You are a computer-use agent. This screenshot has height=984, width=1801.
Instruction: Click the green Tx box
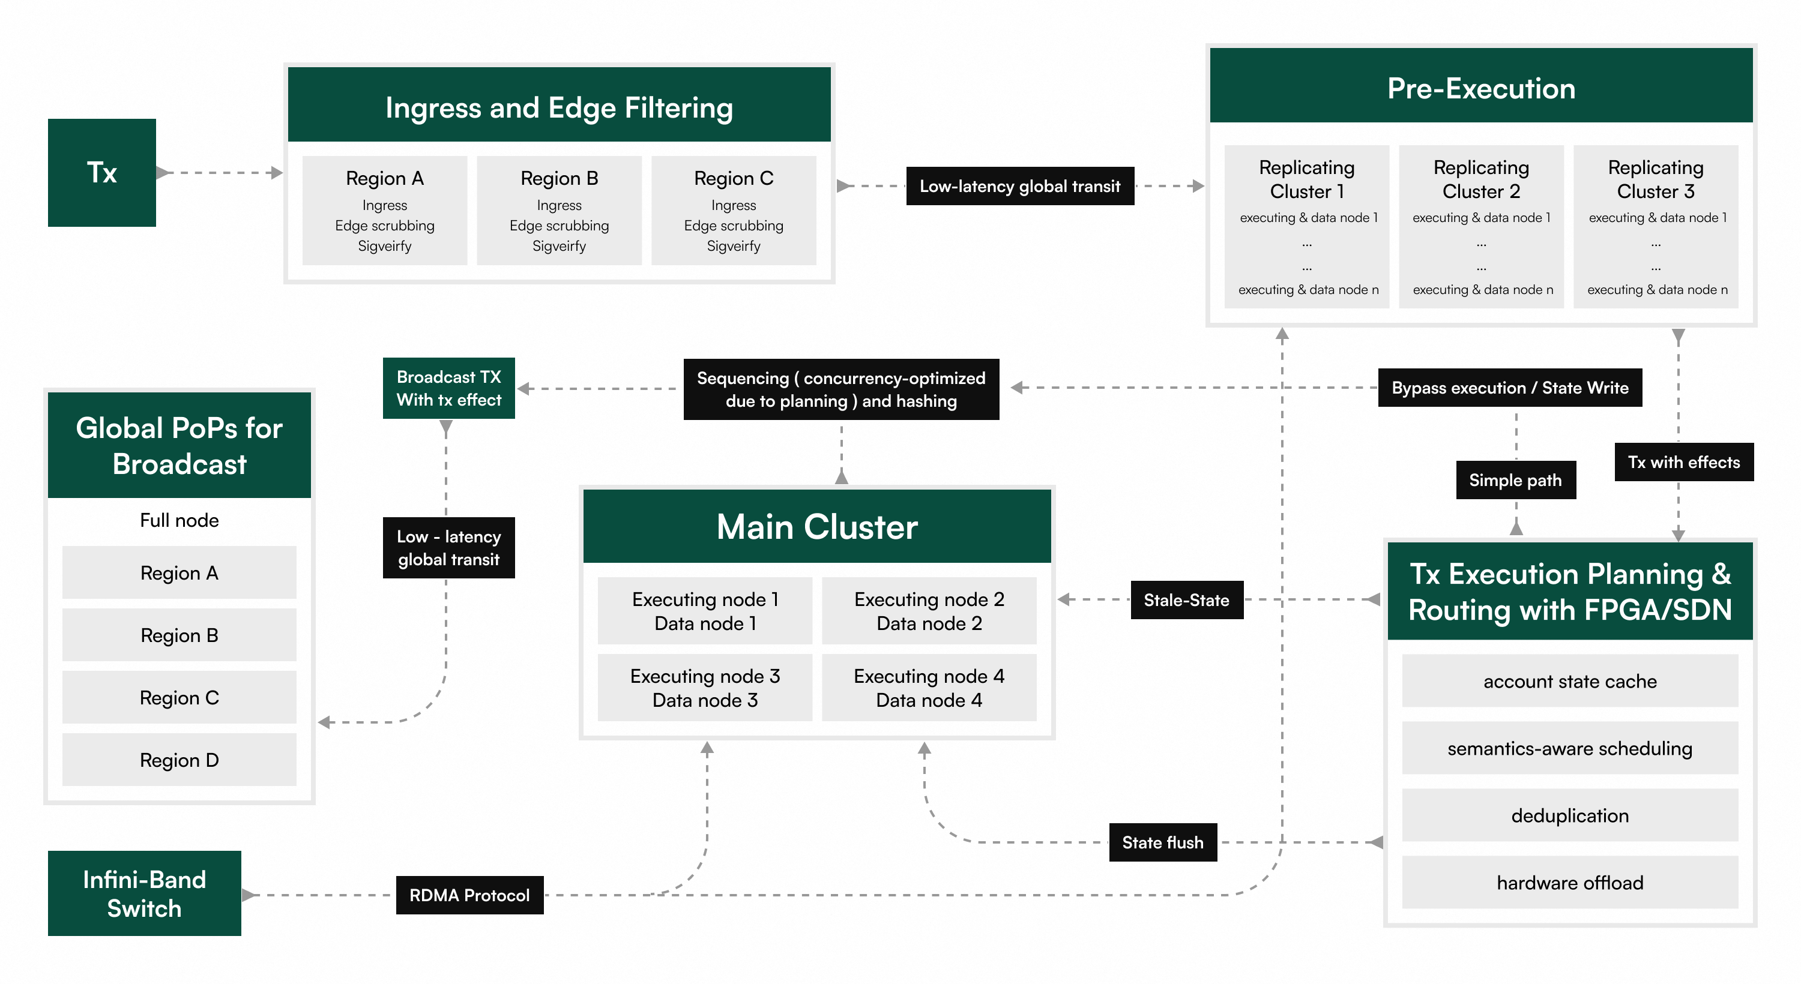101,173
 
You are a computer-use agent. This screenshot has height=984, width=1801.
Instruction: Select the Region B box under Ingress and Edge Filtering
559,211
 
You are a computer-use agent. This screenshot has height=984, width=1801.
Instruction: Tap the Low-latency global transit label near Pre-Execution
1019,186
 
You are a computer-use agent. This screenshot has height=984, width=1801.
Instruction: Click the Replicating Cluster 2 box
1481,226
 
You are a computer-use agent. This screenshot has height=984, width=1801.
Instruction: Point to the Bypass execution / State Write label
1509,388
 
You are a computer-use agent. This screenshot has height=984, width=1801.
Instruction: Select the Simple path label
1515,480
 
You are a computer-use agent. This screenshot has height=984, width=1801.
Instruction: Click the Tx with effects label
1683,462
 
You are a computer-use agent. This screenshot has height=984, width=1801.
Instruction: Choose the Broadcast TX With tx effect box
449,389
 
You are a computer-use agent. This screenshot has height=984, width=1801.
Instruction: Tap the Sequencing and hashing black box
840,389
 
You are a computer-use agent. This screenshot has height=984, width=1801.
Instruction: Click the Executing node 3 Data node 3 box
705,688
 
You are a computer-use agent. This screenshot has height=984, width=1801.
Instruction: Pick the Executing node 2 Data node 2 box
929,611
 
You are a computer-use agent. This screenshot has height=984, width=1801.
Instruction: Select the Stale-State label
1186,599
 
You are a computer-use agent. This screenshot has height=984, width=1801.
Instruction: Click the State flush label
1162,842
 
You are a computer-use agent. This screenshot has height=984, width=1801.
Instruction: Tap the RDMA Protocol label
469,895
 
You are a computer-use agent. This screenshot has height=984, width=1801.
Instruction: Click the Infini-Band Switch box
144,893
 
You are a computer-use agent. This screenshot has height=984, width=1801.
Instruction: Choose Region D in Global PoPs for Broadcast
179,760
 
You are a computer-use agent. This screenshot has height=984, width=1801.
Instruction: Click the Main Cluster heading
816,526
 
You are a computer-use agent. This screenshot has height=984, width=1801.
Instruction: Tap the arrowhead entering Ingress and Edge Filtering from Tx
277,173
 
